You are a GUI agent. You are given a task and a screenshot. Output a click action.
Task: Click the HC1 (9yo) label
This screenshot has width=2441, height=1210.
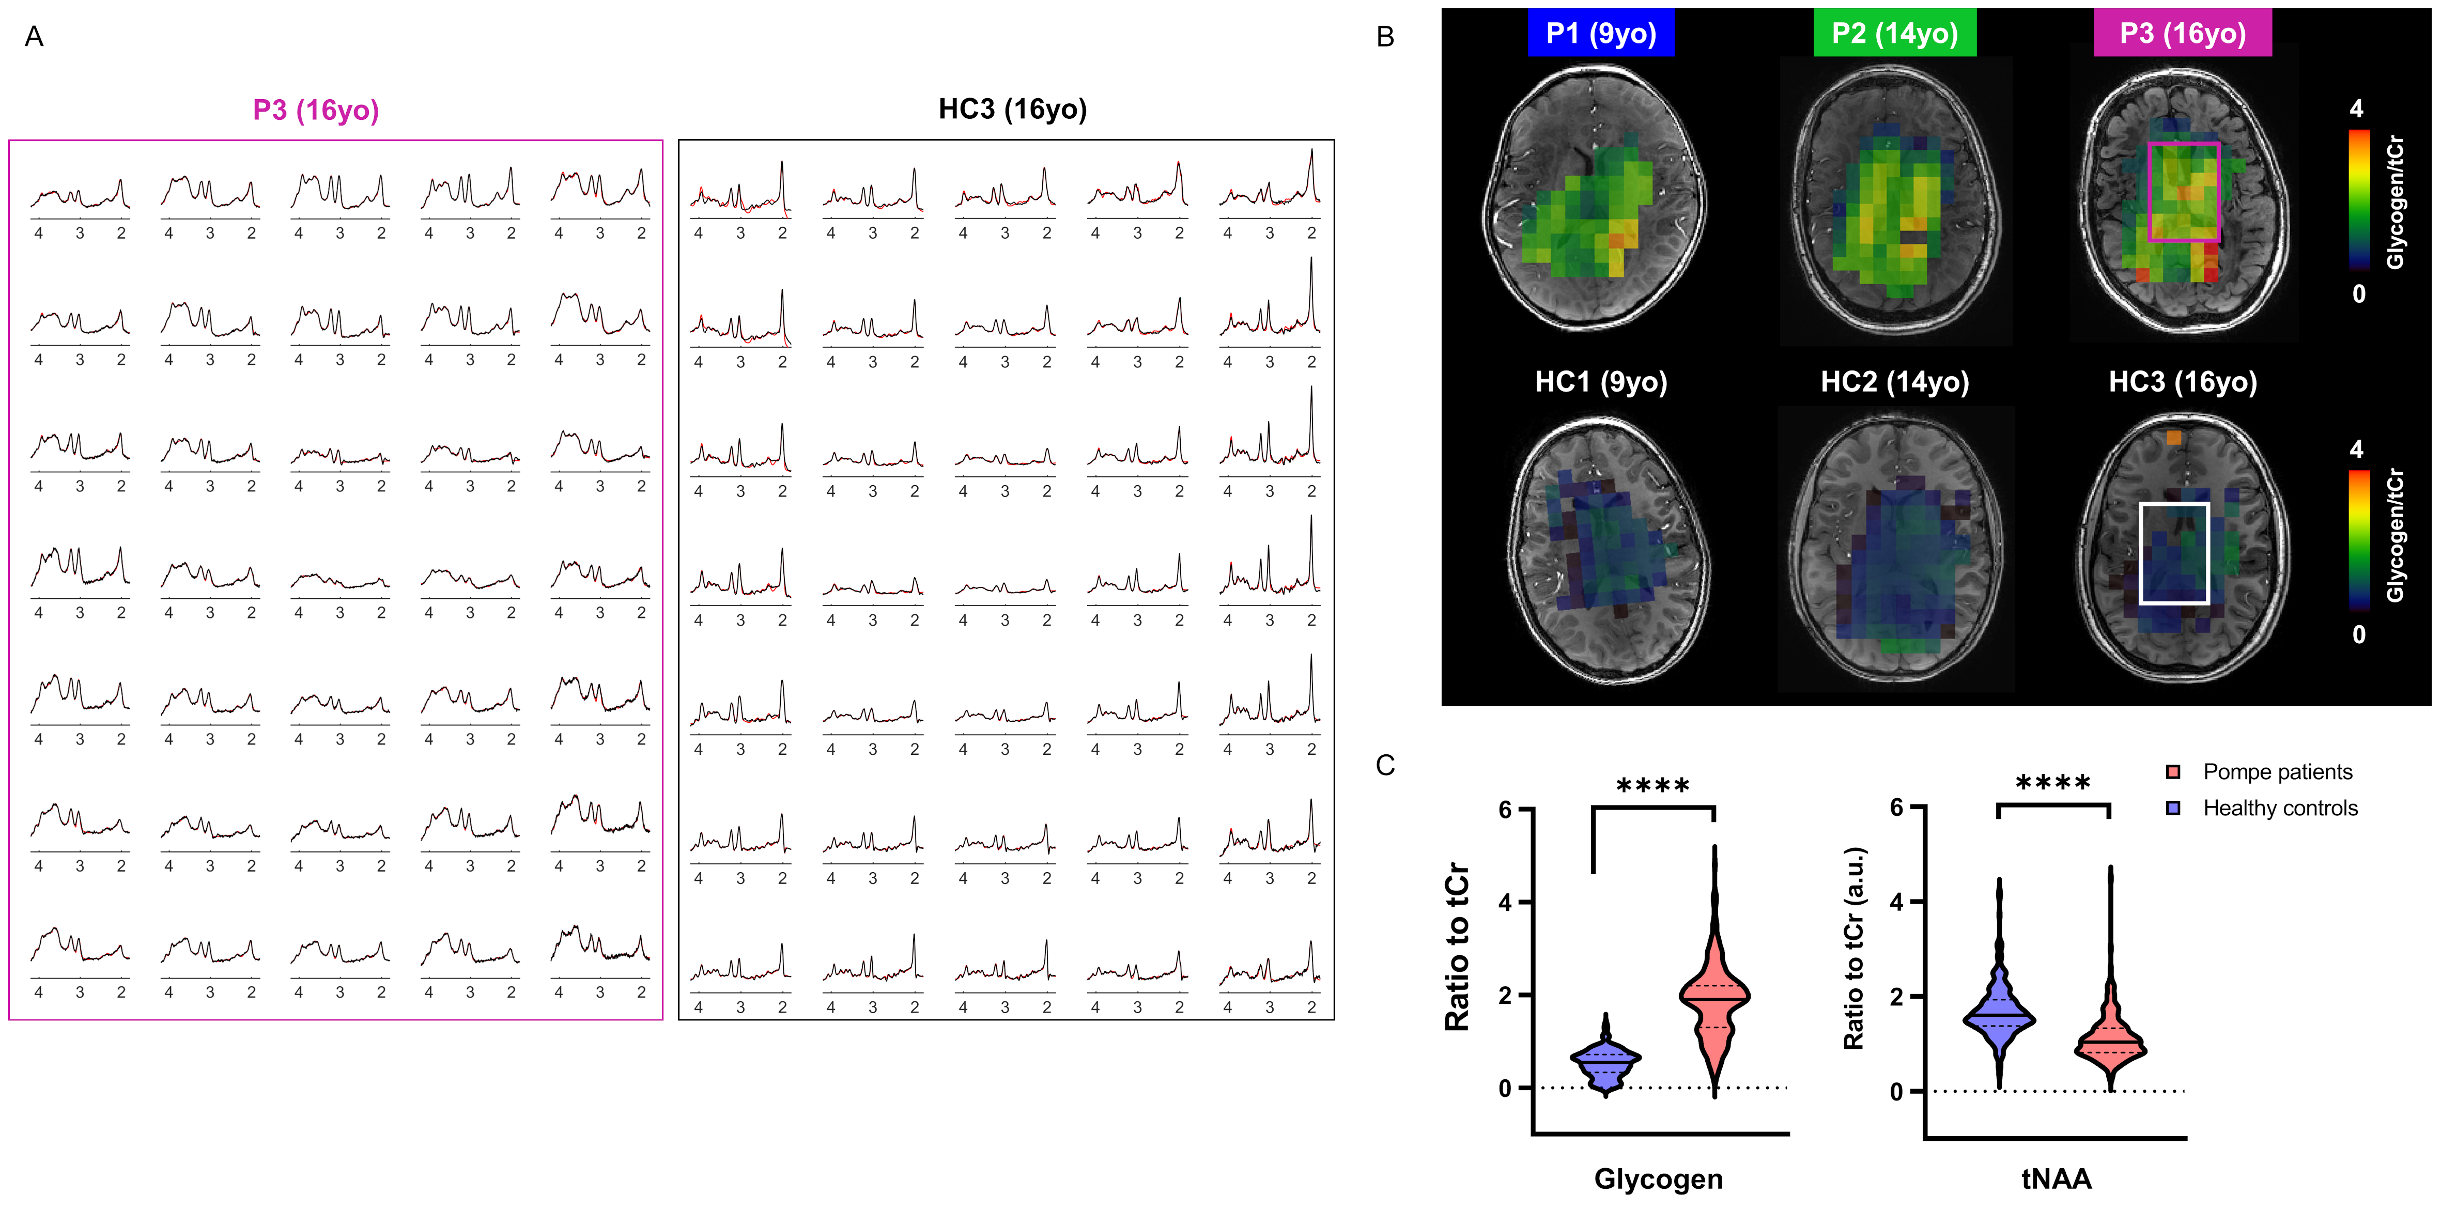[1600, 382]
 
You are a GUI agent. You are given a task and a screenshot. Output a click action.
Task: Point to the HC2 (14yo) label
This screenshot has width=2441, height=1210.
[1894, 382]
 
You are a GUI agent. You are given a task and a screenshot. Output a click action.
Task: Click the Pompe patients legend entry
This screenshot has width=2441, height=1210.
[2276, 772]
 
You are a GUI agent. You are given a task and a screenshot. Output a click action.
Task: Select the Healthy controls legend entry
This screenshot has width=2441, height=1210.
[2279, 808]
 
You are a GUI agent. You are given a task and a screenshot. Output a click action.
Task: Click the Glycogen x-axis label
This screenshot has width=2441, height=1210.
[1658, 1178]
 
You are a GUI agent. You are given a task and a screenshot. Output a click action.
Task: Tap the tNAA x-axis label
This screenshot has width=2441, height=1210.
[2056, 1178]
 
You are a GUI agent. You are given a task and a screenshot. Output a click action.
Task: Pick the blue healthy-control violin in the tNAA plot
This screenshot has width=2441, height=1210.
[1999, 1019]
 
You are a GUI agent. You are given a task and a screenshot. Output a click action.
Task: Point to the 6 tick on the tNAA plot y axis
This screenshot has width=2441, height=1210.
[1896, 808]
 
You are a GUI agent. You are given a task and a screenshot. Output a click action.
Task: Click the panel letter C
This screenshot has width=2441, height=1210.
[1385, 766]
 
